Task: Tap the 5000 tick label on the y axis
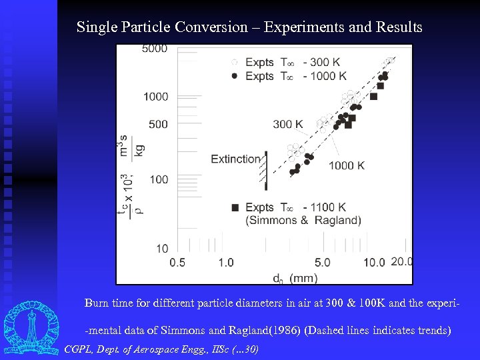(155, 49)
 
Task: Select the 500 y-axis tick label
(158, 124)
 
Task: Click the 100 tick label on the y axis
(158, 179)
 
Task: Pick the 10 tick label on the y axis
(161, 249)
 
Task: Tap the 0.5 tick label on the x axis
(177, 263)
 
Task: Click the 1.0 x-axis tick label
(225, 263)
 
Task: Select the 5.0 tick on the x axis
(323, 263)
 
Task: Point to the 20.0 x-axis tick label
(401, 262)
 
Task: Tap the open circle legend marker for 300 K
(234, 63)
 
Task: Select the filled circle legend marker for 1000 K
(234, 76)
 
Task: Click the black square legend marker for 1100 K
(235, 208)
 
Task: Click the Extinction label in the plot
(235, 159)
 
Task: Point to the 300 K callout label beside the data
(287, 124)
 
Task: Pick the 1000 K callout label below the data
(346, 165)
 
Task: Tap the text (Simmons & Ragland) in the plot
(303, 221)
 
